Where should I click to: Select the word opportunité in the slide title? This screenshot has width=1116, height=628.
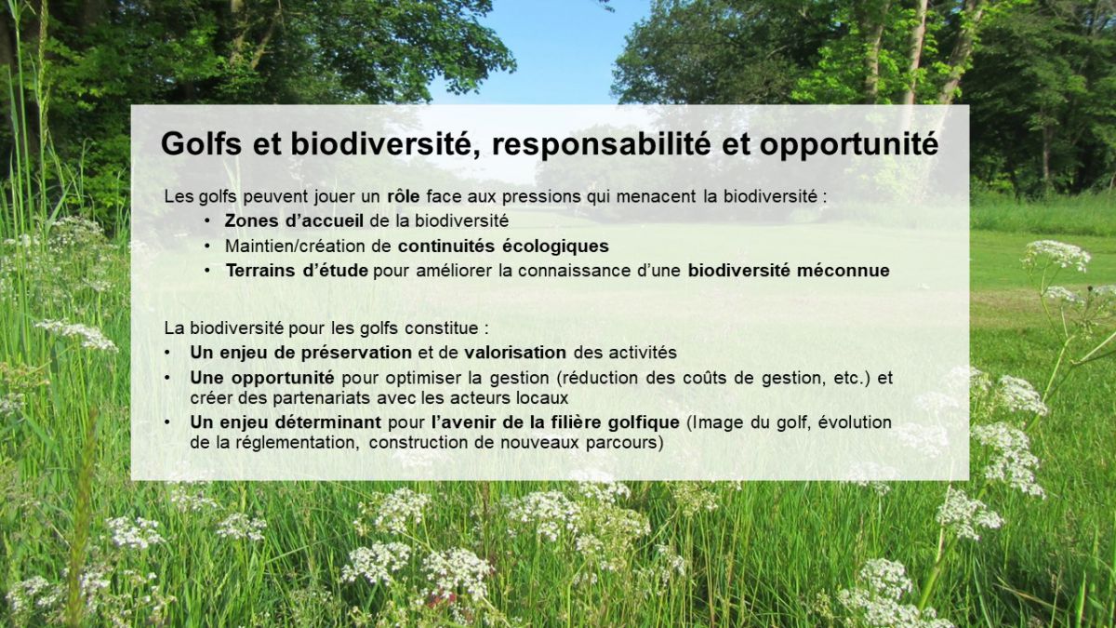pos(849,145)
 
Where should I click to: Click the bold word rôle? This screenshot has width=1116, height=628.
pos(403,196)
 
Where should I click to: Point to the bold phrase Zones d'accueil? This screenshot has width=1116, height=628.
pos(294,220)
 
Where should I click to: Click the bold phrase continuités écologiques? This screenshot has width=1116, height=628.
pos(503,247)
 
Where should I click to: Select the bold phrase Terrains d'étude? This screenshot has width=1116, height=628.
pos(297,271)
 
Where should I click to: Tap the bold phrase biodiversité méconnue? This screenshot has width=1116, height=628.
pos(789,271)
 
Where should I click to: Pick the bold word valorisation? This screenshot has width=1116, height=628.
pos(515,353)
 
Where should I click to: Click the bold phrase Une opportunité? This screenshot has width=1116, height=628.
pos(262,379)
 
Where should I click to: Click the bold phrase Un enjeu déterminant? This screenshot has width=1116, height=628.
pos(286,422)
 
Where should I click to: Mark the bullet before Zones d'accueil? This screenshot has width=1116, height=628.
pos(206,220)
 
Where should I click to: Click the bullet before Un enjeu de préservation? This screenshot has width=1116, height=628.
pos(167,353)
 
